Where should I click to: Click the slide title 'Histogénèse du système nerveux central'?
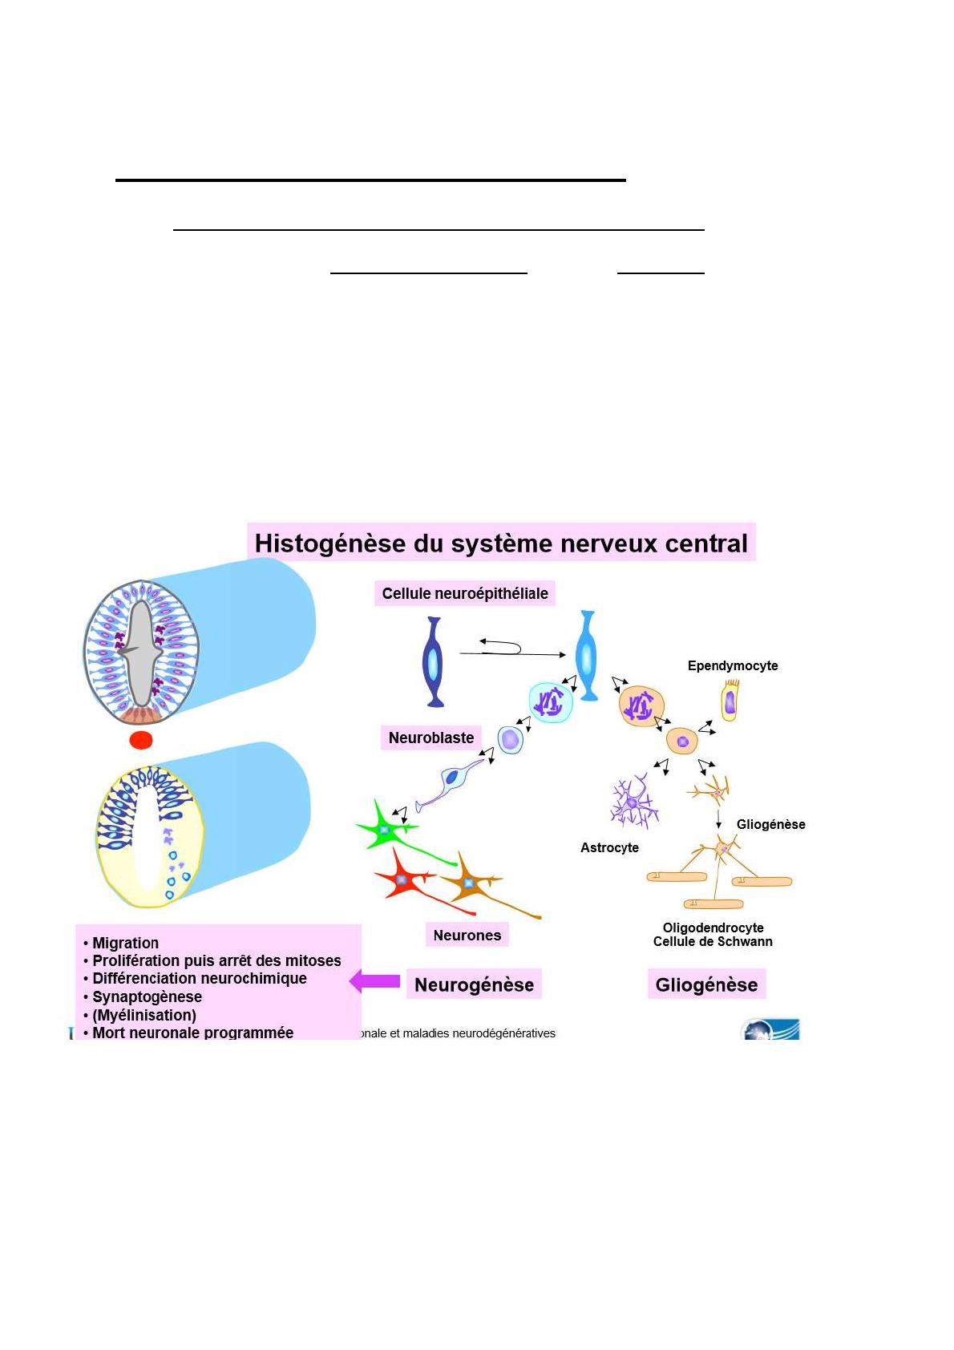click(500, 543)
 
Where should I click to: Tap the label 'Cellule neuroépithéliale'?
click(465, 593)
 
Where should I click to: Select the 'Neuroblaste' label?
click(431, 738)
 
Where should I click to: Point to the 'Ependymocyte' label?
click(733, 665)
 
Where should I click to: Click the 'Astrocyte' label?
click(609, 847)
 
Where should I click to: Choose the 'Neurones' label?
click(467, 935)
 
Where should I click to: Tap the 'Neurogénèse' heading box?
click(474, 984)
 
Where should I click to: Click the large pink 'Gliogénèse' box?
click(706, 984)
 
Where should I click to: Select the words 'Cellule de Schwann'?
click(713, 942)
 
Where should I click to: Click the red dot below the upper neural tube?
click(141, 739)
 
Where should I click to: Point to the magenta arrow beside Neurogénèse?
click(375, 981)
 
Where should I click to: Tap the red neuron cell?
click(402, 879)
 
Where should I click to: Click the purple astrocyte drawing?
click(633, 802)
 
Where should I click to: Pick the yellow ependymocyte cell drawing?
click(730, 701)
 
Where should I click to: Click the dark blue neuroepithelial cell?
click(434, 662)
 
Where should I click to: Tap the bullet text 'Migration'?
click(125, 943)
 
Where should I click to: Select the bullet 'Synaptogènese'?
click(147, 996)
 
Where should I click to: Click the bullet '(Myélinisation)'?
click(144, 1015)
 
